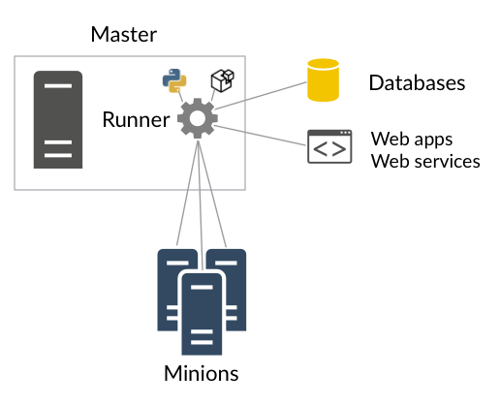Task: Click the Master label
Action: (x=124, y=34)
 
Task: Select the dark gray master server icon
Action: (x=58, y=119)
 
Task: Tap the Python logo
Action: (x=174, y=80)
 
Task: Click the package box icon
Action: (x=223, y=80)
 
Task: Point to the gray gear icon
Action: (x=198, y=118)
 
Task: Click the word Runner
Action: (x=136, y=119)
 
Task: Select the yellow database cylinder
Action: (x=323, y=80)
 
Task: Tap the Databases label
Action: (x=417, y=82)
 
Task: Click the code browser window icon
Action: (x=329, y=146)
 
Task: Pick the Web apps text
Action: (x=412, y=140)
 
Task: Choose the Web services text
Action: (x=425, y=161)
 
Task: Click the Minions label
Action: (x=202, y=373)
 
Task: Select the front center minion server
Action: (x=202, y=314)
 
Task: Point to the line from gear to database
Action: (x=261, y=96)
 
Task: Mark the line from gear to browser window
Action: (x=260, y=136)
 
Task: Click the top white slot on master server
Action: (x=58, y=86)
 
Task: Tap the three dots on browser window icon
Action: (x=345, y=133)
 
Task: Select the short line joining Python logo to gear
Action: (x=180, y=97)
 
